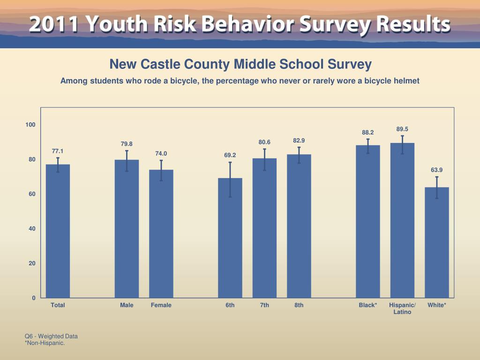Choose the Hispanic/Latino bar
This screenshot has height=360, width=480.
pyautogui.click(x=402, y=220)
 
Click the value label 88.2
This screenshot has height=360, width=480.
pyautogui.click(x=368, y=133)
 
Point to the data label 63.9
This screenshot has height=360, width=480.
pyautogui.click(x=437, y=170)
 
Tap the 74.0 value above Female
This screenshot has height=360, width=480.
pyautogui.click(x=161, y=154)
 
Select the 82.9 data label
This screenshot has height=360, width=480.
pyautogui.click(x=299, y=141)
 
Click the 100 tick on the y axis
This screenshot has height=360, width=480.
pyautogui.click(x=31, y=125)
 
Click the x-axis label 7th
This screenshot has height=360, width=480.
pyautogui.click(x=264, y=305)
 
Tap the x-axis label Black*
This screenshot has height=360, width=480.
pyautogui.click(x=368, y=305)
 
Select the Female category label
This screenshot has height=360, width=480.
pyautogui.click(x=161, y=305)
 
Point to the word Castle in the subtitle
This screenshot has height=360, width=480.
pyautogui.click(x=161, y=64)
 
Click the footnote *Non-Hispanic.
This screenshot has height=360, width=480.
pyautogui.click(x=45, y=343)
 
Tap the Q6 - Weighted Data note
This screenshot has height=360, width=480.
pyautogui.click(x=51, y=336)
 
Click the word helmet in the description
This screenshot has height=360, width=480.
pyautogui.click(x=406, y=81)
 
